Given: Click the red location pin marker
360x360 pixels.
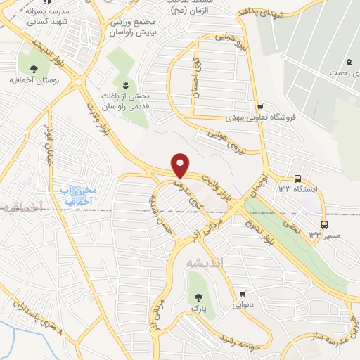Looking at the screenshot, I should coord(181,165).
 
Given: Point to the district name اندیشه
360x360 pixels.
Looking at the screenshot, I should coord(205,262).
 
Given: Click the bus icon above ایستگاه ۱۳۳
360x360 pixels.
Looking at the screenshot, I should coord(298,179).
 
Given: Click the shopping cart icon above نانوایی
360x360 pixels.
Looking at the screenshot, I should coord(243,294).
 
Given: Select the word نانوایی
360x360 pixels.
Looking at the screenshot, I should coord(243,306).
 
